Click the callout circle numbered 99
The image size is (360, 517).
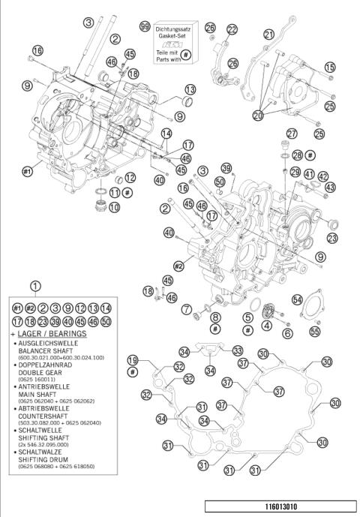click(x=144, y=27)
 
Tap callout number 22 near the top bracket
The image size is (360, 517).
click(x=232, y=29)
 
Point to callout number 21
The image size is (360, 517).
click(x=268, y=34)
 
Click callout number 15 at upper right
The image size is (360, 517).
click(x=330, y=68)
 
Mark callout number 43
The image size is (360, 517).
click(x=331, y=186)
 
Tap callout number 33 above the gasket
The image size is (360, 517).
click(x=237, y=350)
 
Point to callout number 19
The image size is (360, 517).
click(x=133, y=359)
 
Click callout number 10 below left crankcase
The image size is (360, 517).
click(x=113, y=207)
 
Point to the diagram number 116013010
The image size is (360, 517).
click(x=278, y=506)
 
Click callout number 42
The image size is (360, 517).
click(x=322, y=176)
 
